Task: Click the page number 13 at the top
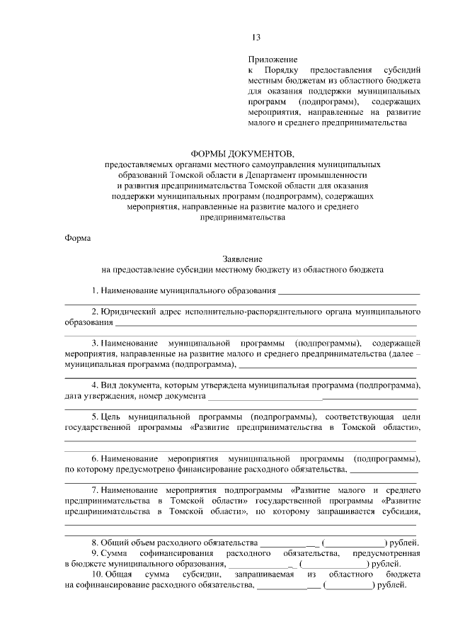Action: click(x=256, y=38)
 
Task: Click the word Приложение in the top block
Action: click(x=273, y=59)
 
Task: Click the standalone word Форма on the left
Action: click(x=78, y=238)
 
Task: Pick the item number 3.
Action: click(x=94, y=343)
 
